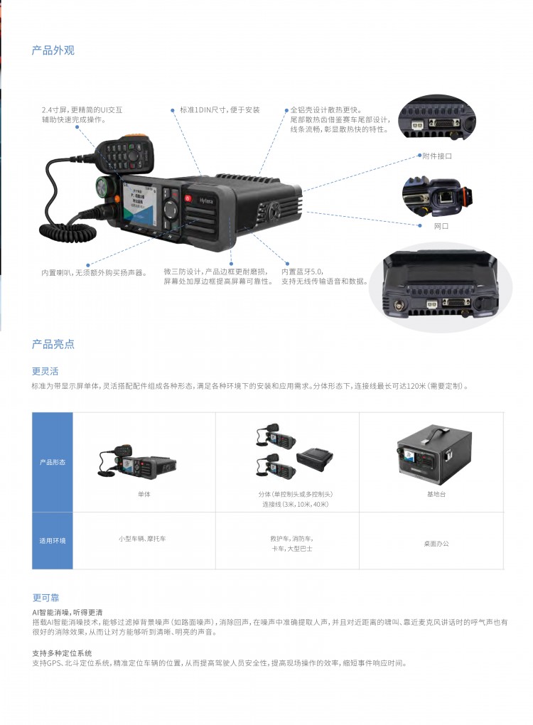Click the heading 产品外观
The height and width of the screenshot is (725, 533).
click(53, 50)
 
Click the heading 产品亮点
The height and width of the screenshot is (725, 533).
click(53, 345)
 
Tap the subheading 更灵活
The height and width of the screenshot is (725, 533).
click(45, 371)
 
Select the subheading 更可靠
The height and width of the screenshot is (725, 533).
click(45, 598)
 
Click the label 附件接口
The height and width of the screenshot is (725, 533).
click(436, 156)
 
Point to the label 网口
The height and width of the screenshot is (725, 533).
click(441, 226)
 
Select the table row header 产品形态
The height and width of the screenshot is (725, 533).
click(52, 462)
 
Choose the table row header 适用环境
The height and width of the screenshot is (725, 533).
click(52, 541)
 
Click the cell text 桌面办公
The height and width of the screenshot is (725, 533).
click(436, 544)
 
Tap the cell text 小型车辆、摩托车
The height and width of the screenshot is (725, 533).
click(142, 539)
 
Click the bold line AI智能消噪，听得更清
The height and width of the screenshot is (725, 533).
click(68, 612)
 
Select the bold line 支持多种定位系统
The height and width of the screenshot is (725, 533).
click(62, 652)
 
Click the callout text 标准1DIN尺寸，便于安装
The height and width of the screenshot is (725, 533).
click(220, 110)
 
